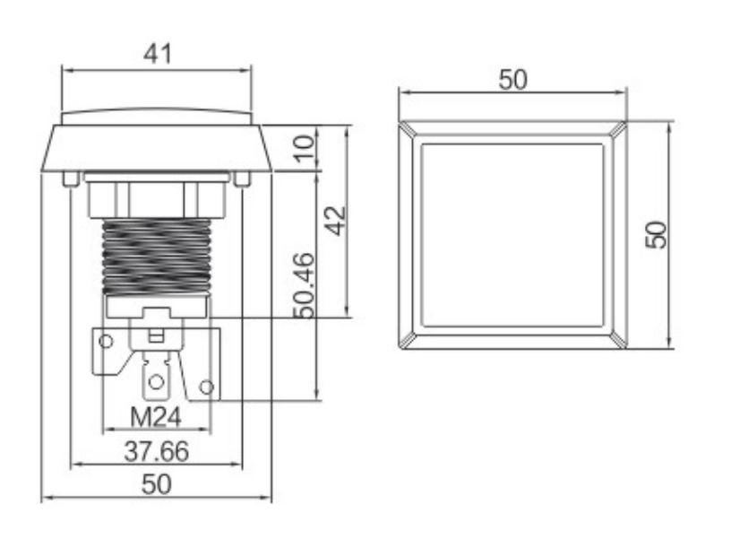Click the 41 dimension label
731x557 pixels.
[158, 54]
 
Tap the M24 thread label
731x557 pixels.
[155, 417]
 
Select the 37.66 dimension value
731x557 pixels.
[157, 451]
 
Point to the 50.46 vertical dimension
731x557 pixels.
[305, 285]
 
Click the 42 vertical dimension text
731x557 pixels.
[336, 221]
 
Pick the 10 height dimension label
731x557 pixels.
[305, 148]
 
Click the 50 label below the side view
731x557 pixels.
[156, 484]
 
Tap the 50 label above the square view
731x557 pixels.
[512, 79]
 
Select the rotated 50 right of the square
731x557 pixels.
[656, 234]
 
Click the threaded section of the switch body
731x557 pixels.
[156, 257]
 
